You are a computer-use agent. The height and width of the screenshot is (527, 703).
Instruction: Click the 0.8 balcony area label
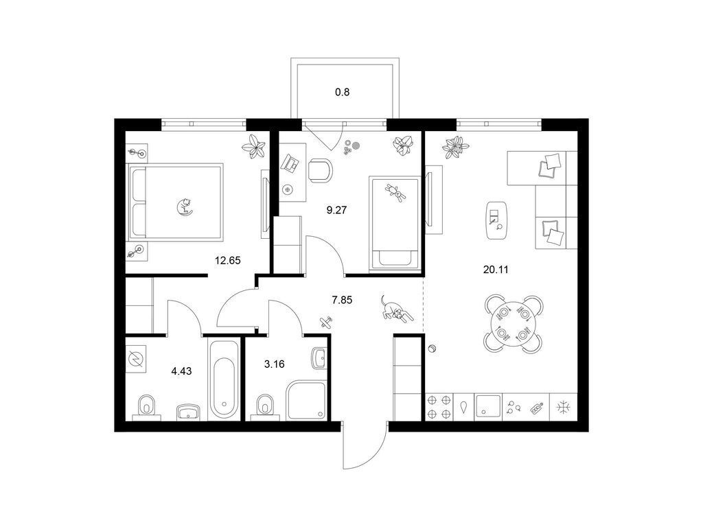(x=342, y=93)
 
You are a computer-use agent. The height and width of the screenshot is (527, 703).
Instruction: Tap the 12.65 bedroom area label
(x=228, y=260)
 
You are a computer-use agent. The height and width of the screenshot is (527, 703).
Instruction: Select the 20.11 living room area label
(x=496, y=270)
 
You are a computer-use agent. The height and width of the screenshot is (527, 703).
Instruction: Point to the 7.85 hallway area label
(x=342, y=301)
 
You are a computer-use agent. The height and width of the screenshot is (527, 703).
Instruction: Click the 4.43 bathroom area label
(x=181, y=371)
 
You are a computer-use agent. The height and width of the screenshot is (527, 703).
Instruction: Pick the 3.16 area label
(x=274, y=364)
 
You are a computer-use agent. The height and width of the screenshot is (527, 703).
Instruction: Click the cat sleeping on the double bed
(x=184, y=207)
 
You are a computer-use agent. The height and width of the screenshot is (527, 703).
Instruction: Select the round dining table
(x=514, y=323)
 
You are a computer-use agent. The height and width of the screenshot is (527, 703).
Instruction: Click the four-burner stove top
(x=439, y=407)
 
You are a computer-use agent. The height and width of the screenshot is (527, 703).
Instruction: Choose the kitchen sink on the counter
(x=488, y=407)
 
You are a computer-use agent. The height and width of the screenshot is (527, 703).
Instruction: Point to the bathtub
(x=224, y=379)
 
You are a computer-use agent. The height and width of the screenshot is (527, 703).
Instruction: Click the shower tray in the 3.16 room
(x=306, y=400)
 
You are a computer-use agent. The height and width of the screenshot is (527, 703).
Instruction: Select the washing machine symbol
(x=136, y=359)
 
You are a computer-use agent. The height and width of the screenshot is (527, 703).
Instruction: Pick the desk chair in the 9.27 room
(x=321, y=171)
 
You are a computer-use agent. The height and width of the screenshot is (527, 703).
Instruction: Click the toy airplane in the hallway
(x=326, y=322)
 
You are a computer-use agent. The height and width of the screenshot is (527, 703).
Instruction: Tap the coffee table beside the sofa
(x=497, y=220)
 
